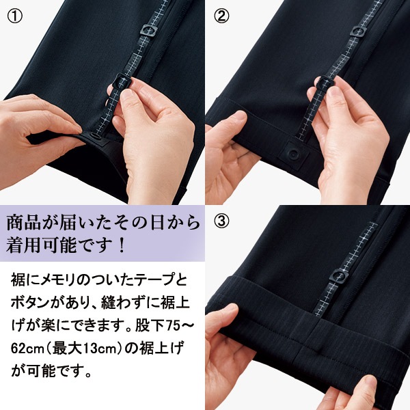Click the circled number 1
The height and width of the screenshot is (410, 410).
pyautogui.click(x=15, y=16)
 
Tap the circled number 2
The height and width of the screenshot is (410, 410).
pyautogui.click(x=221, y=16)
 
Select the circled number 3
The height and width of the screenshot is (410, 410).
pyautogui.click(x=221, y=221)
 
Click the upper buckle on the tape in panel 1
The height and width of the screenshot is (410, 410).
pyautogui.click(x=149, y=30)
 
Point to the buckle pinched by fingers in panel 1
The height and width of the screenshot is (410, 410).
pyautogui.click(x=122, y=82)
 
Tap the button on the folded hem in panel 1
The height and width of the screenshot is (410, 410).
pyautogui.click(x=95, y=136)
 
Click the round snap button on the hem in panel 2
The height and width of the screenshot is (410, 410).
pyautogui.click(x=294, y=154)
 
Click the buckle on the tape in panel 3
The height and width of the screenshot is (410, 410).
pyautogui.click(x=339, y=276)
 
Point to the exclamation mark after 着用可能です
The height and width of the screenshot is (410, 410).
pyautogui.click(x=121, y=246)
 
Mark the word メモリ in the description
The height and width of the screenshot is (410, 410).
pyautogui.click(x=53, y=280)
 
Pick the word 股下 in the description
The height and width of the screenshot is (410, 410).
pyautogui.click(x=150, y=326)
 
